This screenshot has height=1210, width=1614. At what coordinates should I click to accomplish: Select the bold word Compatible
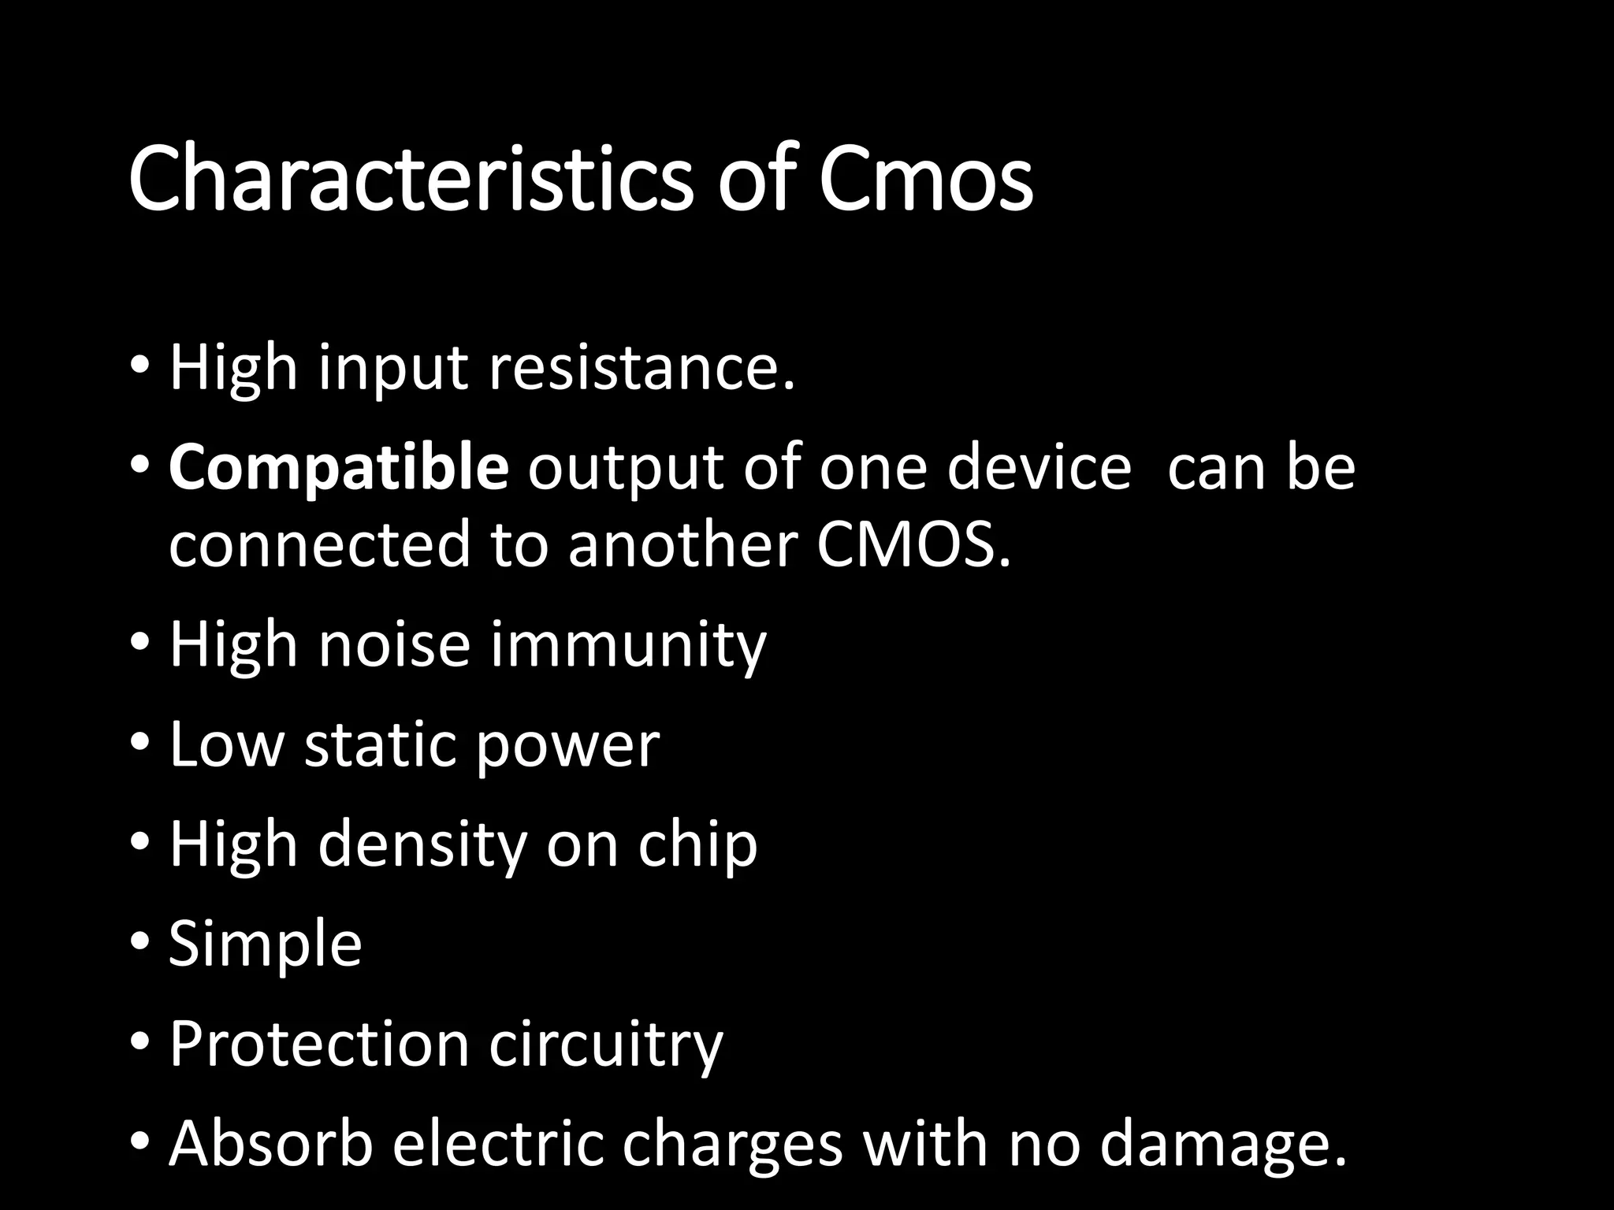pyautogui.click(x=339, y=468)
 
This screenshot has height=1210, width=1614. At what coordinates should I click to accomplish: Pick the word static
pyautogui.click(x=380, y=745)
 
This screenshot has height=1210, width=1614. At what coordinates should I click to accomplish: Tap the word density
pyautogui.click(x=422, y=844)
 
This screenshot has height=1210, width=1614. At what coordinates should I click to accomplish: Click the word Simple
pyautogui.click(x=265, y=945)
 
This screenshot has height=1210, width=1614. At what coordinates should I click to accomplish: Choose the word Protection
pyautogui.click(x=319, y=1044)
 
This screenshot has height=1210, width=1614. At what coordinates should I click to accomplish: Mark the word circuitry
pyautogui.click(x=605, y=1044)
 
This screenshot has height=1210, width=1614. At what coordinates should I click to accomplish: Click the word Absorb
pyautogui.click(x=270, y=1144)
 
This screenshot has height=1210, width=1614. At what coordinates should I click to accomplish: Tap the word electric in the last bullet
pyautogui.click(x=497, y=1144)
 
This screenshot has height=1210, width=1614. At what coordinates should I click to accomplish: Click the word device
pyautogui.click(x=1038, y=468)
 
